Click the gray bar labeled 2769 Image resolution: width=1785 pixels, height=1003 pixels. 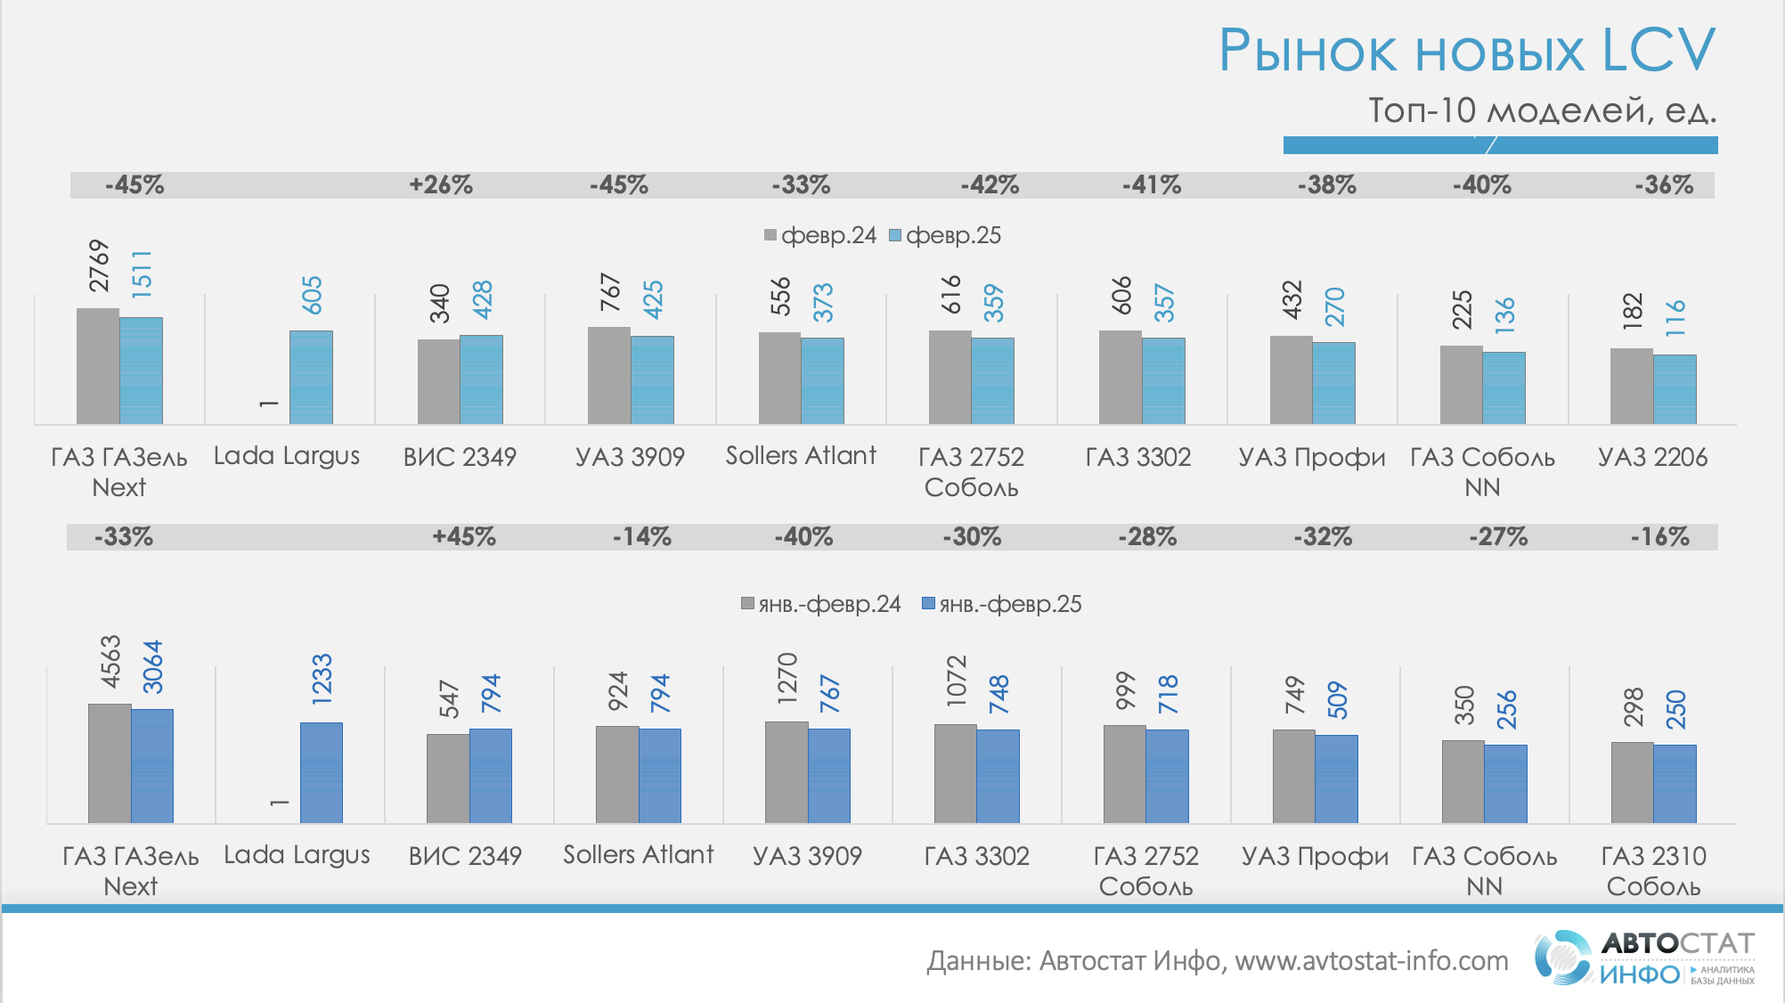coord(98,366)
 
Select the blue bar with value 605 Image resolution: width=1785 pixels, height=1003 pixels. coord(311,378)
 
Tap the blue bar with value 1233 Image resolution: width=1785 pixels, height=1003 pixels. coord(322,773)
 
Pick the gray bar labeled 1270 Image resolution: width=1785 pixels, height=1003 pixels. coord(787,772)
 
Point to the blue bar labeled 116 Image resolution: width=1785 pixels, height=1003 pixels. coord(1675,389)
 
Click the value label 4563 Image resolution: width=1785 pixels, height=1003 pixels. coord(110,662)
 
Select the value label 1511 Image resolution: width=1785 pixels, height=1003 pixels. coord(142,273)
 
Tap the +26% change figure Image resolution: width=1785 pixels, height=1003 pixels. coord(441,185)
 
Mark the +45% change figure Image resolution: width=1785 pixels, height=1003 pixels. coord(464,537)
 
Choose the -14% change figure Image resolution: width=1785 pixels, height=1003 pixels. coord(641,537)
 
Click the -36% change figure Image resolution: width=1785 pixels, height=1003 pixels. coord(1664,185)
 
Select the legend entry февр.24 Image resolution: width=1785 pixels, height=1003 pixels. coord(820,236)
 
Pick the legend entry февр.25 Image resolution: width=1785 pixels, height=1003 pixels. coord(945,236)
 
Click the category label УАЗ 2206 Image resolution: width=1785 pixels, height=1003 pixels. coord(1652,458)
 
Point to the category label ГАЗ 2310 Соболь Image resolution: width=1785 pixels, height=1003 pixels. coord(1653,871)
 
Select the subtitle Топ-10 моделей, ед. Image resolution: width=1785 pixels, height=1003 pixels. coord(1542,111)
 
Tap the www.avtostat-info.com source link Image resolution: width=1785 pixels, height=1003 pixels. coord(1371,961)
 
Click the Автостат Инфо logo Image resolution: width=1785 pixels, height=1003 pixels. coord(1643,958)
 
